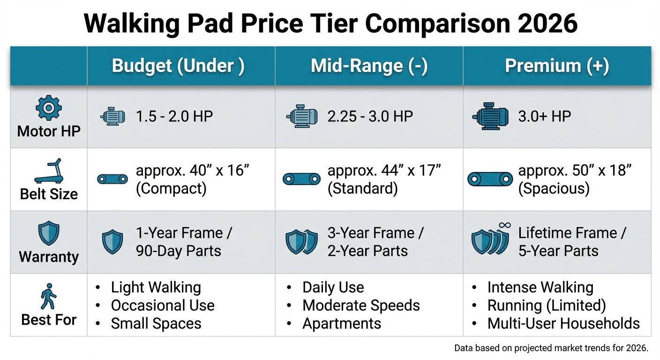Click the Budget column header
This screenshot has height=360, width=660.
coord(178,66)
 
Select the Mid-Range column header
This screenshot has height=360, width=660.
coord(369,66)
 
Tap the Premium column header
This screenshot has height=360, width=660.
coord(557,66)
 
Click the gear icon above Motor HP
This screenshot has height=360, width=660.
coord(48,109)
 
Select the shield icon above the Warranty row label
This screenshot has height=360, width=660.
coord(48,234)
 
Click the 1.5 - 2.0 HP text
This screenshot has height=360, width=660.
coord(174,116)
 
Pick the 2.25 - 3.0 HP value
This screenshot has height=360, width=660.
coord(370,116)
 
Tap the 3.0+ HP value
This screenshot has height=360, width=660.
coord(544,116)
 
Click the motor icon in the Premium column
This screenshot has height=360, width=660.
coord(490,116)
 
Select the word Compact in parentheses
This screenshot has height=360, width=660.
coord(171,188)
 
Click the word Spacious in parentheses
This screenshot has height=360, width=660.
coord(554,188)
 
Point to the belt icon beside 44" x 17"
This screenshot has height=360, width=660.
coord(302,179)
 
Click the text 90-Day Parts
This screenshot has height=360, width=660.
coord(178,251)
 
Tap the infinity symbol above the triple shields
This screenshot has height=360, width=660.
coord(504,226)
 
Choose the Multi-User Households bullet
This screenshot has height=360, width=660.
coord(563,323)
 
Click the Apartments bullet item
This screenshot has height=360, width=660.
coord(342,323)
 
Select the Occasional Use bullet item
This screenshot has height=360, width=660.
coord(163,306)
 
